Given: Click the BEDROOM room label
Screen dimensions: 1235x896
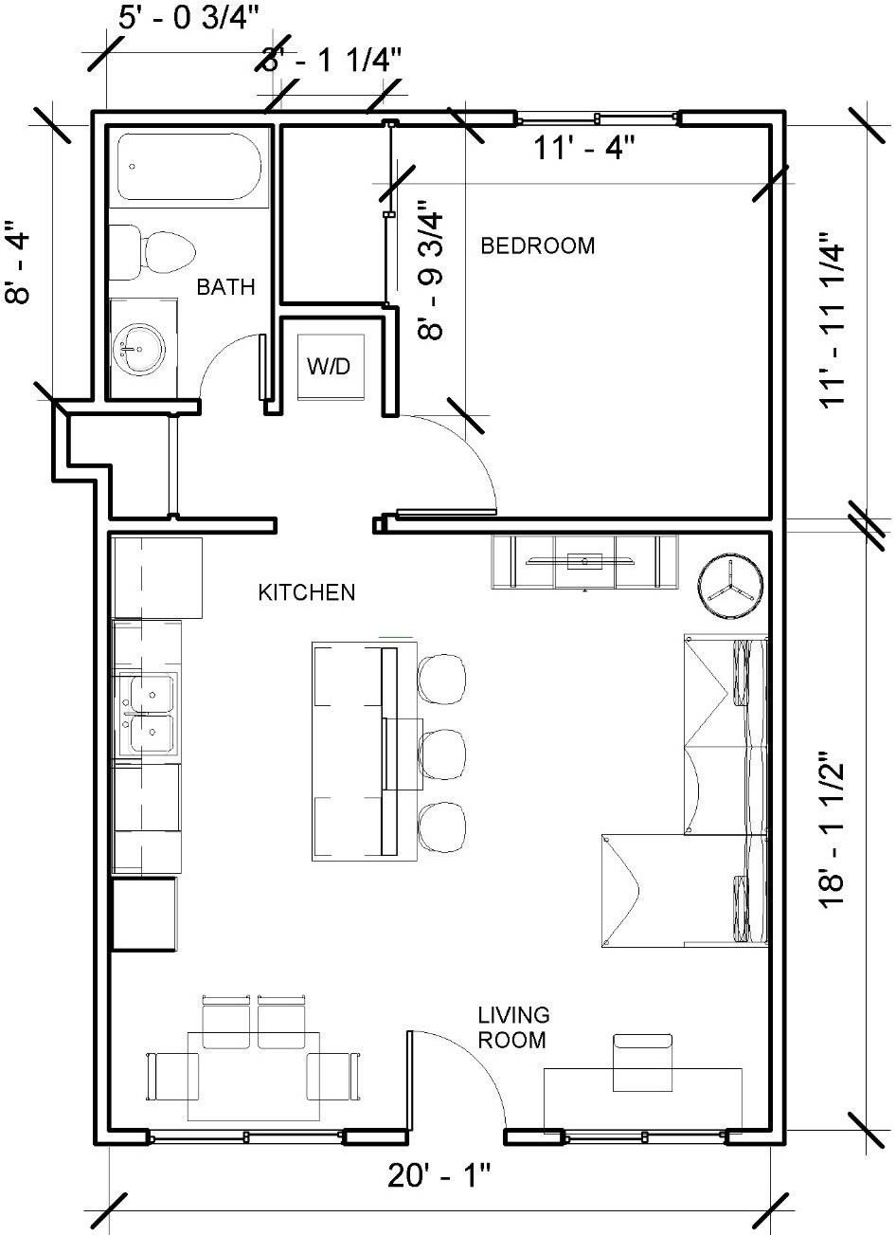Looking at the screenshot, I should [x=538, y=246].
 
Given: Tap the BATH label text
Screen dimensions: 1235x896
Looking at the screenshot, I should [x=225, y=286].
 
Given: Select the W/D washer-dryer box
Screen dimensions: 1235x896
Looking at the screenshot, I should [x=329, y=367].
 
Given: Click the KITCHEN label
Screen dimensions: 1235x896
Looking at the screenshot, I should [x=307, y=593].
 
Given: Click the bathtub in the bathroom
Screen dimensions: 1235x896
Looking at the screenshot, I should [x=190, y=168].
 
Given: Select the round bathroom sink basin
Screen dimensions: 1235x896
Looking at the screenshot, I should [x=135, y=349].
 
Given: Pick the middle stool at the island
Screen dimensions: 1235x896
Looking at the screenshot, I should [x=442, y=752].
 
